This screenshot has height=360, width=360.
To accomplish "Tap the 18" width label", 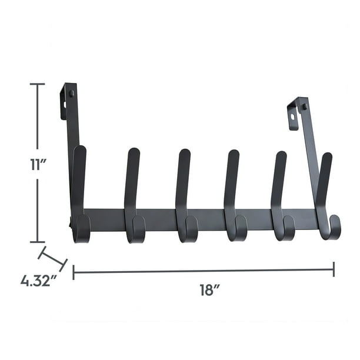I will click(x=209, y=290).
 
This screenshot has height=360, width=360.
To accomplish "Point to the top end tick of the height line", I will click(x=37, y=84).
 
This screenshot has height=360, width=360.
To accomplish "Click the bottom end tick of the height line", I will click(x=37, y=241).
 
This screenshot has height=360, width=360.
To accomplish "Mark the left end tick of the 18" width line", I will click(x=74, y=271).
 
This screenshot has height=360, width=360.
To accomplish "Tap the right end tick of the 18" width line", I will click(x=334, y=269).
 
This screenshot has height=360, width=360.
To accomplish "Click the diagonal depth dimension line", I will click(x=52, y=259).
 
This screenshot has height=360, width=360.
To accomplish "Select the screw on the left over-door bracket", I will click(x=71, y=93).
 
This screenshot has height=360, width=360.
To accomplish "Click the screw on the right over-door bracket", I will click(x=304, y=106).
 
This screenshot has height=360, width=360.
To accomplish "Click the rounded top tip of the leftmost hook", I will click(x=80, y=150).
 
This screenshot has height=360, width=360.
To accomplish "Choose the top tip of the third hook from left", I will click(x=185, y=153).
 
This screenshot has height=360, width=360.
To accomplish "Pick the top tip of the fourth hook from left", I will click(x=234, y=154).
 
